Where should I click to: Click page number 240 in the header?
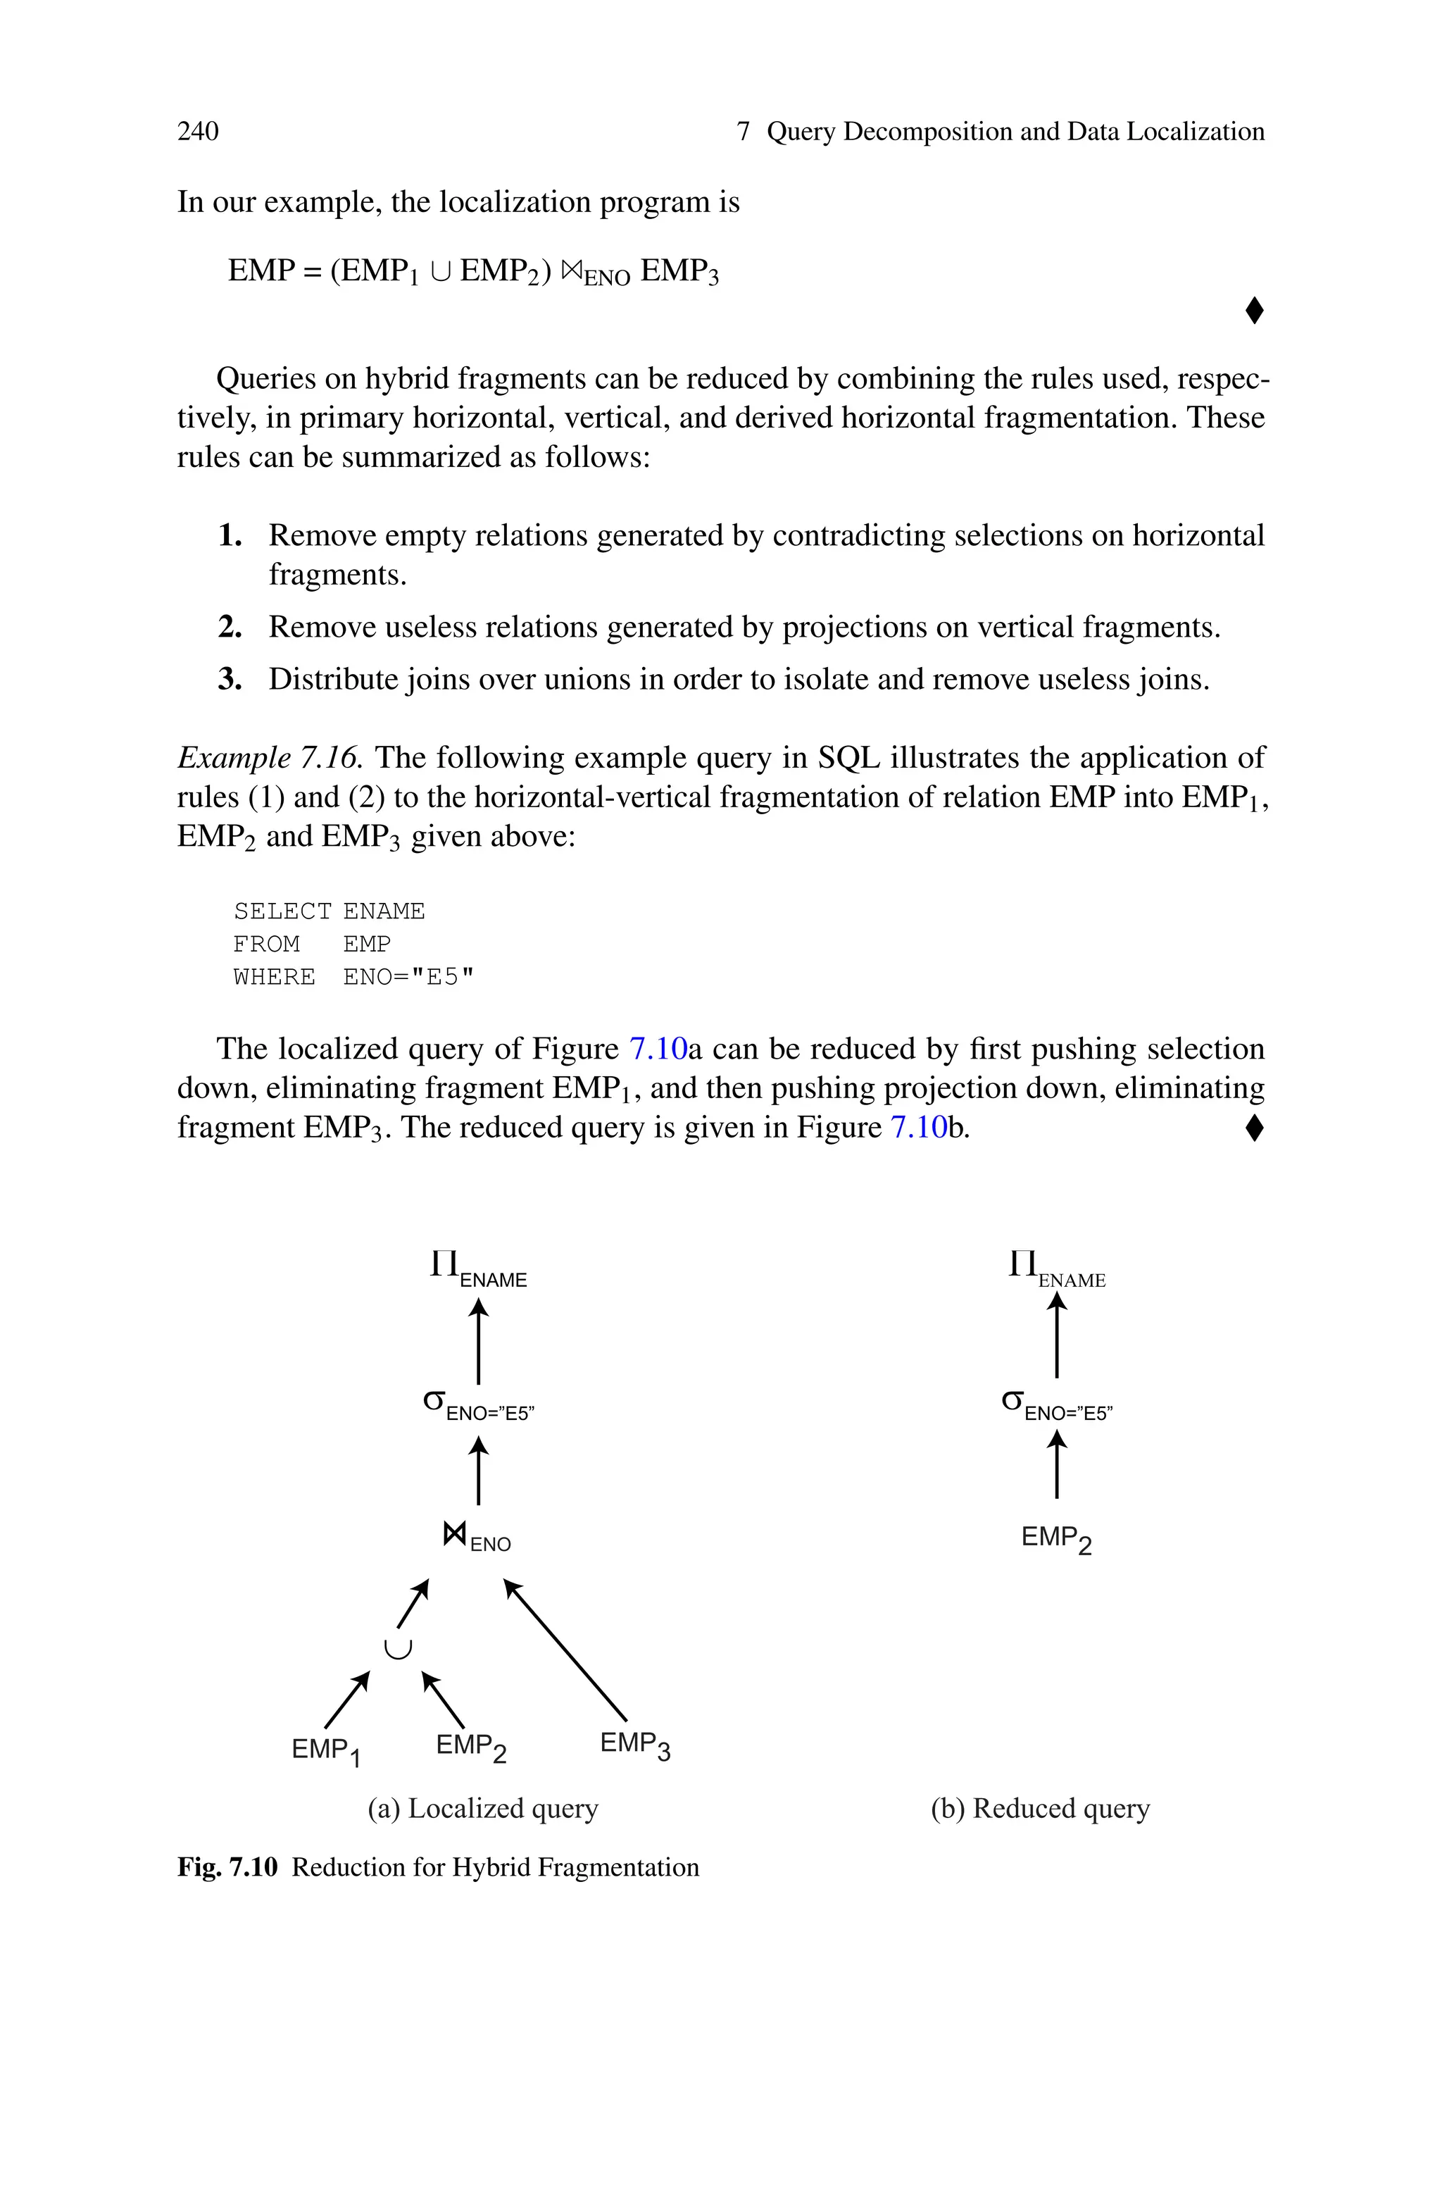pos(198,132)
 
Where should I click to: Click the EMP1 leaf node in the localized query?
pos(325,1750)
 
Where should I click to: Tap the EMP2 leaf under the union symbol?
pos(471,1747)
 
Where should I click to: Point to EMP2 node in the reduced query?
pos(1055,1538)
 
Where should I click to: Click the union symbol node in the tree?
pos(397,1649)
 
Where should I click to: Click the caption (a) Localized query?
pos(483,1809)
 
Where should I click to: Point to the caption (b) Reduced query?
pos(1040,1809)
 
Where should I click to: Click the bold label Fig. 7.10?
pos(227,1868)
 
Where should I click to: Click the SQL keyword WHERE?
pos(274,977)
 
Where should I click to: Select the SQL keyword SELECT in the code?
pos(282,911)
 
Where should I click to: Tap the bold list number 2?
pos(230,628)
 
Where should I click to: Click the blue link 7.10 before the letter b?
pos(919,1128)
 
